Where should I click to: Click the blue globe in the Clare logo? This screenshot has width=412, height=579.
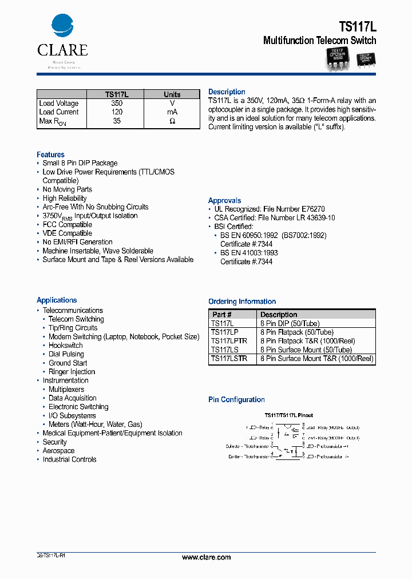[x=62, y=26]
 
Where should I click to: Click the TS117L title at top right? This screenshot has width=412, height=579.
[x=357, y=26]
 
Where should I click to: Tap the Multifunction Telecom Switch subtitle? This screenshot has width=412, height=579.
[x=319, y=41]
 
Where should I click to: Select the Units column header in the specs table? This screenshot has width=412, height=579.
[x=172, y=94]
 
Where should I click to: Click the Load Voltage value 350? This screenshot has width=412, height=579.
[x=117, y=104]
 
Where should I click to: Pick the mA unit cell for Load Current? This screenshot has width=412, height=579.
[x=172, y=112]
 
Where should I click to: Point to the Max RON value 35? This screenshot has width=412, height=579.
[x=117, y=121]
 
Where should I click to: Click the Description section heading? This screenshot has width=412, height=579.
[x=227, y=92]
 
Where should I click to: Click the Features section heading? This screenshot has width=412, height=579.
[x=50, y=154]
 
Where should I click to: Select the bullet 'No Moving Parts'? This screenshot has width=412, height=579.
[x=67, y=189]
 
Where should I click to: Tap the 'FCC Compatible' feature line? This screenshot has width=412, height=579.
[x=67, y=225]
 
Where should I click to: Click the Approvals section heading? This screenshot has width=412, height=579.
[x=224, y=201]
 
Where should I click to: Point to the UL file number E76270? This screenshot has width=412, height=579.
[x=312, y=209]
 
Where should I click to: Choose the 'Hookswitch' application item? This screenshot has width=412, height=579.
[x=65, y=346]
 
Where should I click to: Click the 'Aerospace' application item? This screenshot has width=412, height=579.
[x=58, y=451]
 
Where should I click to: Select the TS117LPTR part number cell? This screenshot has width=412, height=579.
[x=229, y=340]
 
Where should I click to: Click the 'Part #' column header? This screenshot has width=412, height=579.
[x=222, y=315]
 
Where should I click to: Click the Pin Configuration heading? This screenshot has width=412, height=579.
[x=236, y=400]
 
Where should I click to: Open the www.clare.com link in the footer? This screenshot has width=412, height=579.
[x=206, y=557]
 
